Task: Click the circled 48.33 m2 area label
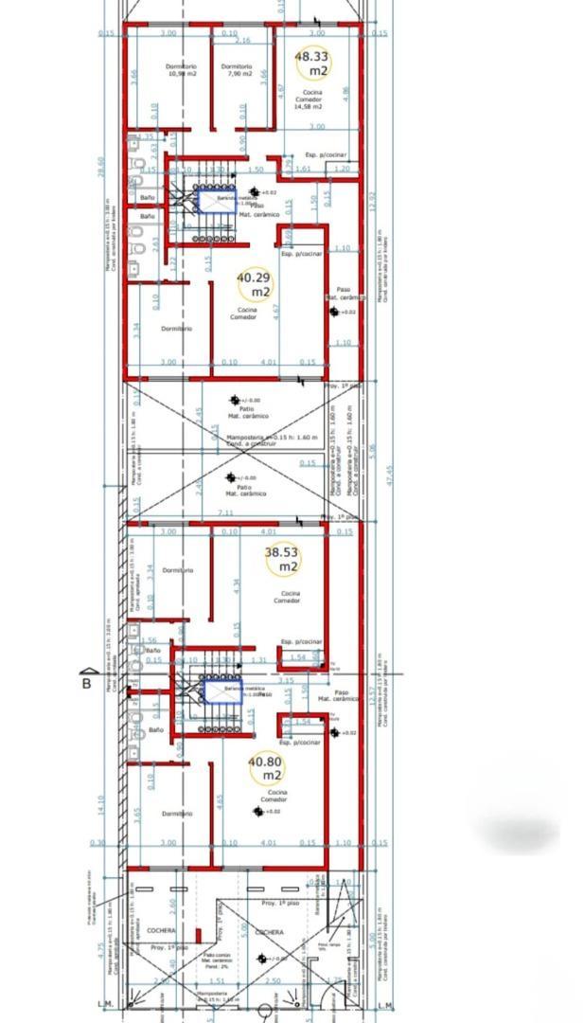[312, 63]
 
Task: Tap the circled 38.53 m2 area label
[282, 558]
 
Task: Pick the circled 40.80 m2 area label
[266, 768]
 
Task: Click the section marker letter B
[87, 683]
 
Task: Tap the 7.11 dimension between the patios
[225, 512]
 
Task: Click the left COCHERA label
[161, 931]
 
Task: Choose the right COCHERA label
[269, 932]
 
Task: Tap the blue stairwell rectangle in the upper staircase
[217, 200]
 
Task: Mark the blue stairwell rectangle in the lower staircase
[222, 692]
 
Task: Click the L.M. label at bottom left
[105, 1005]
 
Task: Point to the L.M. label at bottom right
[384, 1005]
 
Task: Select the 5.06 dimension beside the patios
[372, 448]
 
